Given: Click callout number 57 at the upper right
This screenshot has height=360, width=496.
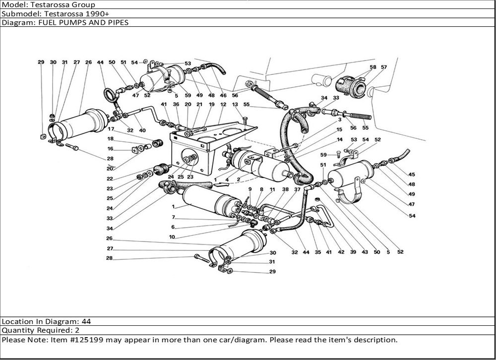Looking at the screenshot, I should (x=384, y=67).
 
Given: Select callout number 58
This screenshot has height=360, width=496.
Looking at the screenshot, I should (x=373, y=67).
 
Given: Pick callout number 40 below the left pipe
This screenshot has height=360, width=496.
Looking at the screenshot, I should (x=142, y=130).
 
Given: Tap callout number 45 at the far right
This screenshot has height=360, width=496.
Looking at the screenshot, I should (x=411, y=174).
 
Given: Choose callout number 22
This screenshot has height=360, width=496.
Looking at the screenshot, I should (x=110, y=179).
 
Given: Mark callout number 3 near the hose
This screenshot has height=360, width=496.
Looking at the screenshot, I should (x=340, y=120).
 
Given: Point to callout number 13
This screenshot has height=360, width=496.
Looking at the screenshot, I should (x=235, y=105).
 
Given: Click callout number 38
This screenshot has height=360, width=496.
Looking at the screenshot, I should (x=285, y=189).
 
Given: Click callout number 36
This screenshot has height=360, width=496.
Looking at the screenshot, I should (x=176, y=105).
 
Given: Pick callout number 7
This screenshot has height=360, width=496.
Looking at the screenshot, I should (x=174, y=218).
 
